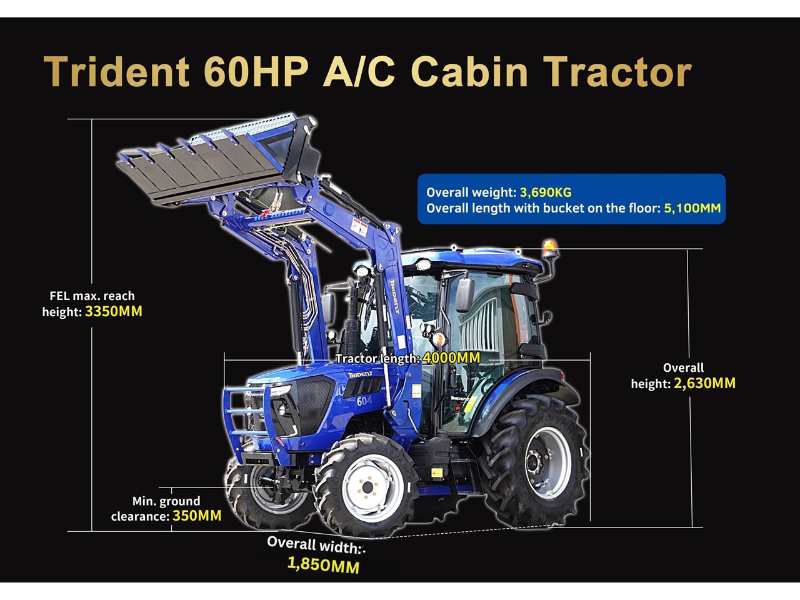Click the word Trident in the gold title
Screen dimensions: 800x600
pos(117,72)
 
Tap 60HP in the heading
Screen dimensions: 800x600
pos(256,72)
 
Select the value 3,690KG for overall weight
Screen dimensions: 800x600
pos(546,192)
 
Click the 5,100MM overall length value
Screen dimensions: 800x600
pos(692,208)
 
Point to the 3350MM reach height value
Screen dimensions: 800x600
pos(114,311)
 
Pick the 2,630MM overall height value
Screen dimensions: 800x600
pos(704,383)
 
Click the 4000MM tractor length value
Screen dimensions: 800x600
pos(451,357)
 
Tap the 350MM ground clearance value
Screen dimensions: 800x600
pos(197,516)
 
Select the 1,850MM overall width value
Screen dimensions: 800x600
pos(323,565)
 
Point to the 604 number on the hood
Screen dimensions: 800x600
pos(364,401)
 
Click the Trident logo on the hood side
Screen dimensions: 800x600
pos(360,374)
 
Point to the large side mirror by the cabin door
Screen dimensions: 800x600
pos(464,294)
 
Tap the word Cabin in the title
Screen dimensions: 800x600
pos(469,72)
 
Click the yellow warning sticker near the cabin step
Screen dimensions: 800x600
pos(437,473)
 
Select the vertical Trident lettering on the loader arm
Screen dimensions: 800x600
pos(395,297)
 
